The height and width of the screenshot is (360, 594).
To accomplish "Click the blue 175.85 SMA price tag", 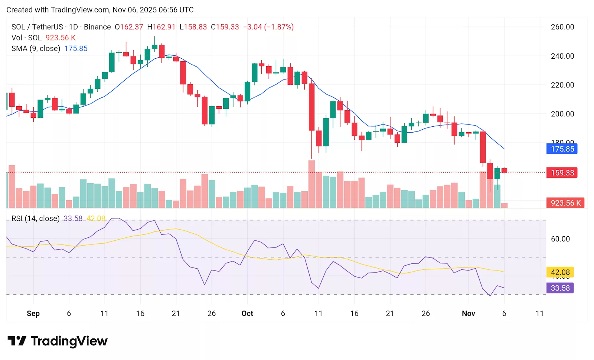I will tap(562, 149).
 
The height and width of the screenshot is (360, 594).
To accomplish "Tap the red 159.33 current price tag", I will tap(562, 173).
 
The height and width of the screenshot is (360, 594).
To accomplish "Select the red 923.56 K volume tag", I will tap(565, 203).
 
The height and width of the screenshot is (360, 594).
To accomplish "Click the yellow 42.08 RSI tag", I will tap(560, 272).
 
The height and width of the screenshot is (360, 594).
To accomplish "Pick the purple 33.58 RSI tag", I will tap(560, 288).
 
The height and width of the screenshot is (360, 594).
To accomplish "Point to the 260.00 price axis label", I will tap(562, 27).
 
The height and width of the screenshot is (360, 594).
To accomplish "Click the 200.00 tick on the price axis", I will tap(562, 114).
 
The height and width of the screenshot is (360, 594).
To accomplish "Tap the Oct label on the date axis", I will tap(247, 313).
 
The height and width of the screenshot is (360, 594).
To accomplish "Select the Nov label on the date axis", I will tap(468, 313).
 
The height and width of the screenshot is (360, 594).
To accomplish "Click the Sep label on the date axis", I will tap(33, 313).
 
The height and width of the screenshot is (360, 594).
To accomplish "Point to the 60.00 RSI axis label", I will tap(560, 239).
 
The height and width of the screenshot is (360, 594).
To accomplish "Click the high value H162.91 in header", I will tap(161, 27).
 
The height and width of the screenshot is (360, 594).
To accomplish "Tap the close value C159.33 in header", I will tap(225, 27).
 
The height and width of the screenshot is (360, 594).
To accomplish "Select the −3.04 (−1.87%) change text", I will tap(268, 27).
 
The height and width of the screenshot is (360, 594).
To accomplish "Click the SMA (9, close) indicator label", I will tap(36, 48).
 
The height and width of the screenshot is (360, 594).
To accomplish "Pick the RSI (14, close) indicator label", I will tap(35, 218).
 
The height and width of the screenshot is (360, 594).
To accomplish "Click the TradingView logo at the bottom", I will tap(58, 341).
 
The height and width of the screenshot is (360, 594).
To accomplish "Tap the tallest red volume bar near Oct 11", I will tap(311, 184).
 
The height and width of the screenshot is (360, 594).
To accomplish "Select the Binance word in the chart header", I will tap(97, 27).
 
